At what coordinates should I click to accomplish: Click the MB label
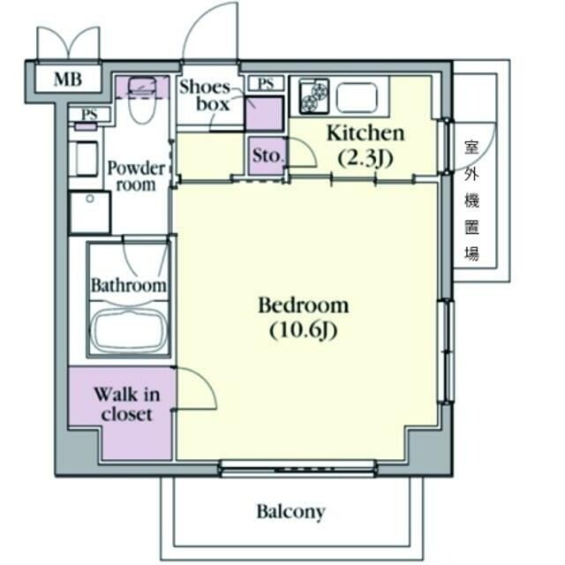pos(68,79)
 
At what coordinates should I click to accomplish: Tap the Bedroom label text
pos(304,305)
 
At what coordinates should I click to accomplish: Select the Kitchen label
pos(365,133)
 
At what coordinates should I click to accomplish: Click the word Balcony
pos(290,512)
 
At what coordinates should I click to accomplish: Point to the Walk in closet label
pos(127,404)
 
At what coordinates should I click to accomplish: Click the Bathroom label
pos(129,285)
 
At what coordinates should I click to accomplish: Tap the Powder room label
pos(136,177)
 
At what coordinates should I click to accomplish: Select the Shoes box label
pos(205,95)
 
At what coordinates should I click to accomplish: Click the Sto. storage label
pos(267,155)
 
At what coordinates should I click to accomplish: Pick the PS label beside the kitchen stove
pos(266,84)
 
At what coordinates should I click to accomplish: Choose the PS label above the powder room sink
pos(89,115)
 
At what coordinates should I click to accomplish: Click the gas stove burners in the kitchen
pos(314,95)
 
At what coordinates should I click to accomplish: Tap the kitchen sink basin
pos(357,97)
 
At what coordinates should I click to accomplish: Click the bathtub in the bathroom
pos(129,331)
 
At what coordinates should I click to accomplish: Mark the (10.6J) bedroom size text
pos(304,330)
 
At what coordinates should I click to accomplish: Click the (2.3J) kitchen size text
pos(365,158)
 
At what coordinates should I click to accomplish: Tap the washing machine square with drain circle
pos(90,213)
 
